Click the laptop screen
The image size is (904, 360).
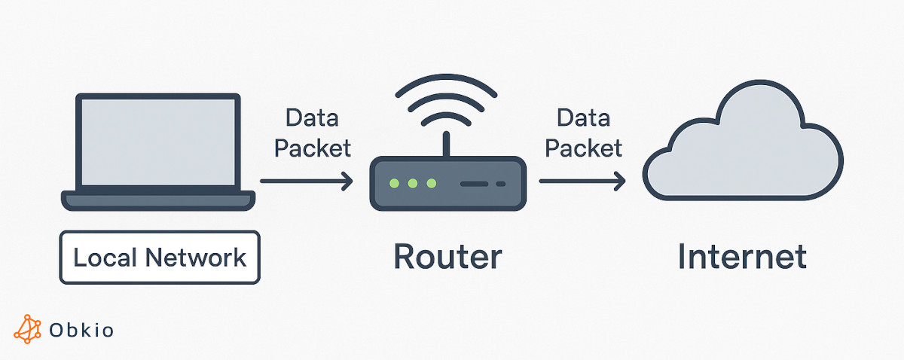[158, 142]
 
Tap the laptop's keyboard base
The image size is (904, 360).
[158, 201]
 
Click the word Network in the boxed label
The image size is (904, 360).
[196, 258]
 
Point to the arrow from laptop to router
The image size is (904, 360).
[306, 181]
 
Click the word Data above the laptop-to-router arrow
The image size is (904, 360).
[312, 118]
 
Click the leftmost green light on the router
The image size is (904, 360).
[392, 183]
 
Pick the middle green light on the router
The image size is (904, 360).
[412, 183]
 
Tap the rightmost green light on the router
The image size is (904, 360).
[431, 183]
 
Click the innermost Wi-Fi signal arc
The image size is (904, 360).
[447, 119]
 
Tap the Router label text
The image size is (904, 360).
[447, 257]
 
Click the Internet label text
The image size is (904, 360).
[742, 257]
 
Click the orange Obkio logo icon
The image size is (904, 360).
[28, 328]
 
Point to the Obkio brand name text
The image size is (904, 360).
[81, 330]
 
